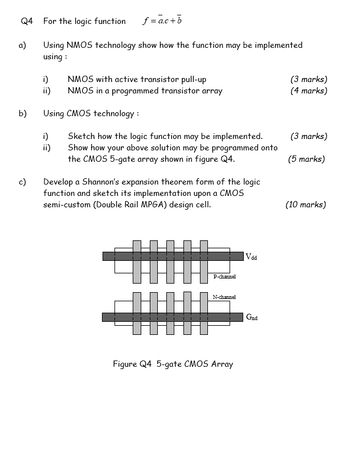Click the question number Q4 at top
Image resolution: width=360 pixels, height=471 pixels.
click(x=27, y=22)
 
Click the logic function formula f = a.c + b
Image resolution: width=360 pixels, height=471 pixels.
click(x=162, y=21)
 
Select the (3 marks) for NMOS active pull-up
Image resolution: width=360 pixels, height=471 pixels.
click(x=308, y=79)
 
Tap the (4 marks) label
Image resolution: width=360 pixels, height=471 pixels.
click(x=308, y=91)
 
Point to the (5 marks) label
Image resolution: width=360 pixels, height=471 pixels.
click(x=306, y=159)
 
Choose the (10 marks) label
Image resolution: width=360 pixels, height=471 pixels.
click(x=305, y=204)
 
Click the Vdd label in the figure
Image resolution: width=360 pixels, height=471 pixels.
click(x=251, y=257)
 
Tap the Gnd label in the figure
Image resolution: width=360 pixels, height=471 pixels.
click(x=251, y=317)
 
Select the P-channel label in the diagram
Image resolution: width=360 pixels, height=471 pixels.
click(x=224, y=277)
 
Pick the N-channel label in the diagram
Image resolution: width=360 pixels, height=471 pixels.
click(x=224, y=297)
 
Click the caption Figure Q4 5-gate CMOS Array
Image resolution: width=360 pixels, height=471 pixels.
click(x=173, y=364)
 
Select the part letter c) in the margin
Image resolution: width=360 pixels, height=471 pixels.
click(x=23, y=182)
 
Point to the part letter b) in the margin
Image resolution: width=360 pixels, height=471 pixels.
click(x=23, y=113)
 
